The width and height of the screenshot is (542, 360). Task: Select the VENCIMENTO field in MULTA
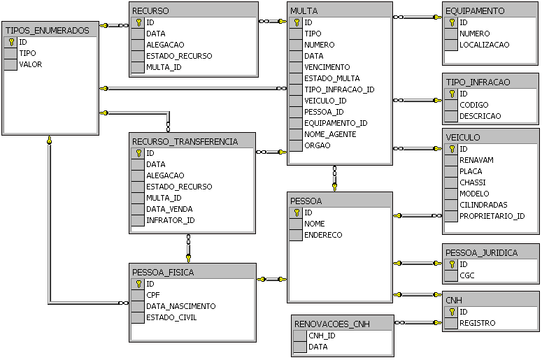327,67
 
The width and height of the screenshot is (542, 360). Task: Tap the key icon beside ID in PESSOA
297,213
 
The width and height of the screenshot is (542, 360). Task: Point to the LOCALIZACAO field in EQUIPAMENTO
484,45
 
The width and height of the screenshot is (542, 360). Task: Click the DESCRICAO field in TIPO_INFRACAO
479,116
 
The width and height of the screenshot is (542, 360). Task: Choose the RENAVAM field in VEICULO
476,160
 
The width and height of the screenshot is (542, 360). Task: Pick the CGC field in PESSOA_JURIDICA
466,275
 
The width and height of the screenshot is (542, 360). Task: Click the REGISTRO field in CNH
477,323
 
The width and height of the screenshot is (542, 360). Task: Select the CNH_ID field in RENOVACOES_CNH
322,336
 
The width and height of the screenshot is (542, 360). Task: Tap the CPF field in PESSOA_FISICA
153,295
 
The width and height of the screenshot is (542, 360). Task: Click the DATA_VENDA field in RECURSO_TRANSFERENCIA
169,209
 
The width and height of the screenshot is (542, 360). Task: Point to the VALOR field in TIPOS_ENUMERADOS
31,64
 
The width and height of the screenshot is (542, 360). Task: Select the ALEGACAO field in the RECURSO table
165,45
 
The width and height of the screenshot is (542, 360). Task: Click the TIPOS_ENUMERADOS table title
47,31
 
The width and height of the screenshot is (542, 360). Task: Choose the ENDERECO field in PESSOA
323,235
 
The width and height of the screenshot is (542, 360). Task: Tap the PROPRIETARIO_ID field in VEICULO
492,216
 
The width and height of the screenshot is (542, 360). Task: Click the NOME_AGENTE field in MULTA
330,134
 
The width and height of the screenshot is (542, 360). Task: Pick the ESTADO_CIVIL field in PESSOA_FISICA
171,317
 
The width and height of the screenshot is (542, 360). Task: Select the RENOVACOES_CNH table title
332,324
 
